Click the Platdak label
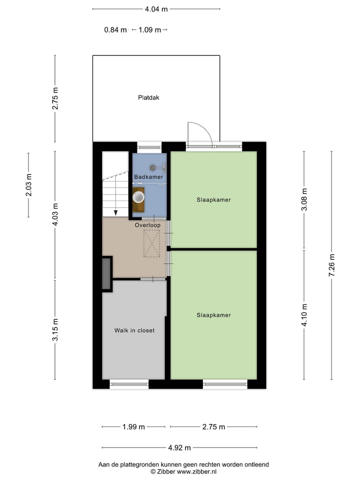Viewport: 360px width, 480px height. coord(148,98)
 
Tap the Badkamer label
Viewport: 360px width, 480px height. coord(148,177)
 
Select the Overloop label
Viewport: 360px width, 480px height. coord(147,225)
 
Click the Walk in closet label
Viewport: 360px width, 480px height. coord(134,330)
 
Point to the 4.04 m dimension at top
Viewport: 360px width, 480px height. coord(156,9)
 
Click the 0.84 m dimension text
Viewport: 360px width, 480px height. coord(115,30)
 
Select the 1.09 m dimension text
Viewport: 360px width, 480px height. coord(149,30)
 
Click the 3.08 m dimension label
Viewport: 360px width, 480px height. coord(304,198)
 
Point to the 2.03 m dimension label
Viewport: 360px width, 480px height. coord(28,185)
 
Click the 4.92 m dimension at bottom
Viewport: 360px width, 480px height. coord(179,448)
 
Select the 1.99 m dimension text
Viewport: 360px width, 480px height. coord(133,427)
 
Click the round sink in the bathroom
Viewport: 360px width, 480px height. coord(138,197)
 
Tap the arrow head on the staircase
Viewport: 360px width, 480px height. coord(115,213)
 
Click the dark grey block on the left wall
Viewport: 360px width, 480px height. coord(106,273)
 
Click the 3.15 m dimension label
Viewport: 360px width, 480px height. coord(55,330)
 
